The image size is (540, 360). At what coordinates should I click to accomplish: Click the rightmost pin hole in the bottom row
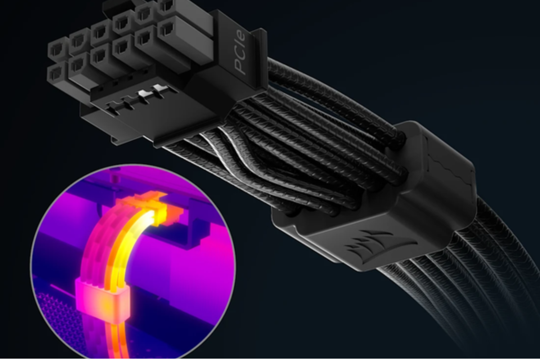tap(166, 29)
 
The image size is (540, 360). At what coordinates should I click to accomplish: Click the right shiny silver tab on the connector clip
tap(159, 89)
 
